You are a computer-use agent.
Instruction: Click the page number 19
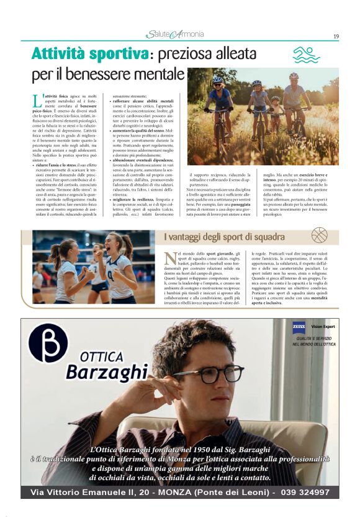[336, 36]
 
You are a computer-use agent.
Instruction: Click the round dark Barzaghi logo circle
[49, 343]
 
